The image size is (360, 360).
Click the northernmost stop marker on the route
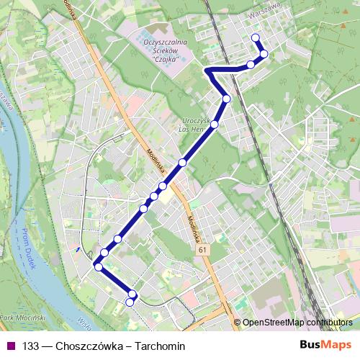point(255,38)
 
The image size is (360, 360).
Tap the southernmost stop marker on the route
point(130,302)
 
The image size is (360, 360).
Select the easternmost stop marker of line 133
point(264,54)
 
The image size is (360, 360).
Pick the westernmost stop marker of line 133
point(98,266)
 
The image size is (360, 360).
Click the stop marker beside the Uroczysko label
point(215,125)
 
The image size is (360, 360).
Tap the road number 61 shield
point(204,248)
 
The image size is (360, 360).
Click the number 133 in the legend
point(31,346)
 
